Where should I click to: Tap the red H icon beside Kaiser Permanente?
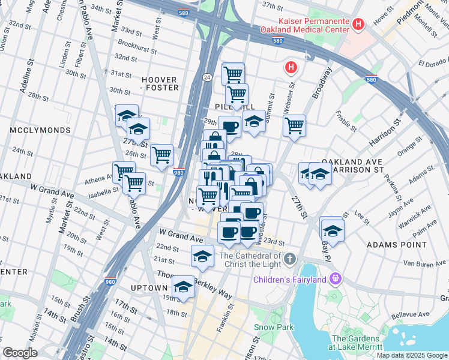pyautogui.click(x=358, y=25)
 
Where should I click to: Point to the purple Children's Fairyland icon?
pyautogui.click(x=335, y=279)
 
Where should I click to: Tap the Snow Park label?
pyautogui.click(x=273, y=327)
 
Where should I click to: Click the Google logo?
pyautogui.click(x=19, y=353)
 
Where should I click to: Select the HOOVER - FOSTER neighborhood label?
pyautogui.click(x=160, y=83)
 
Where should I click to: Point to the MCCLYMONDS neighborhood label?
pyautogui.click(x=40, y=130)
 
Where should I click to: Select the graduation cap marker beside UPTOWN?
pyautogui.click(x=184, y=285)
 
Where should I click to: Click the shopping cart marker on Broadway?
pyautogui.click(x=294, y=126)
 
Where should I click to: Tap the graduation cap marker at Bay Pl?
pyautogui.click(x=332, y=229)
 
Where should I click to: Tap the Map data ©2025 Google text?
pyautogui.click(x=412, y=355)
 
